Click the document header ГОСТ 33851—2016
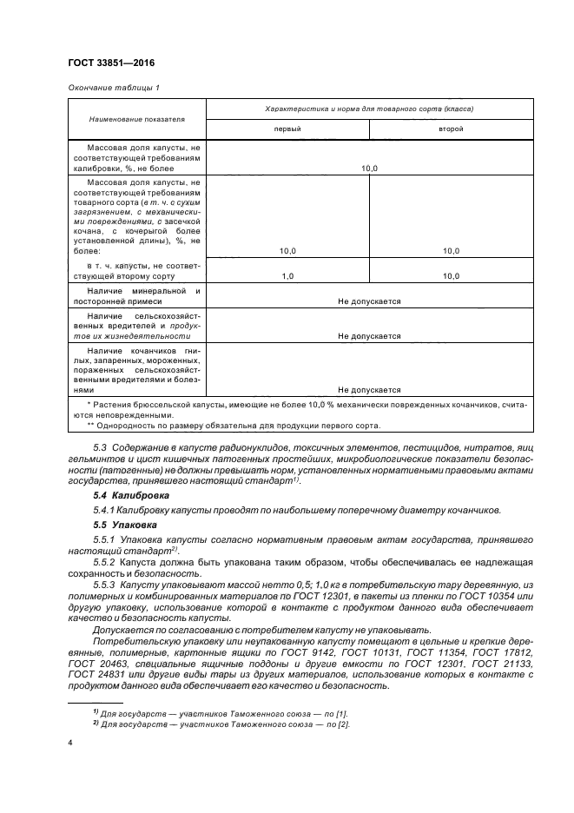pyautogui.click(x=110, y=63)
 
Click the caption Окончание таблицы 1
pyautogui.click(x=113, y=88)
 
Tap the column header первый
pyautogui.click(x=287, y=129)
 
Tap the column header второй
pyautogui.click(x=450, y=129)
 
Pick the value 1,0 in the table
pyautogui.click(x=287, y=275)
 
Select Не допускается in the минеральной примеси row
pyautogui.click(x=369, y=301)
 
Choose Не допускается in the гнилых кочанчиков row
pyautogui.click(x=369, y=390)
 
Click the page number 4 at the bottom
pyautogui.click(x=70, y=743)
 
